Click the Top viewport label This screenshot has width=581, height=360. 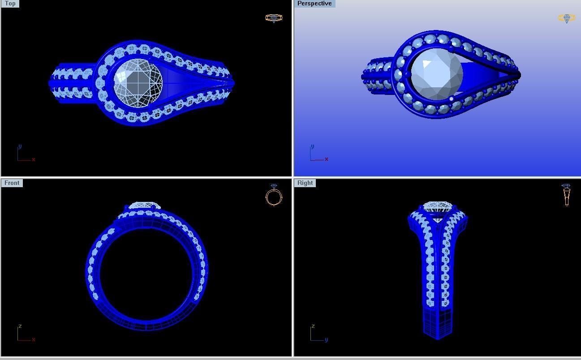10,4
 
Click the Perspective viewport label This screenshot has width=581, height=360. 314,4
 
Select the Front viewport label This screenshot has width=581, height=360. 12,183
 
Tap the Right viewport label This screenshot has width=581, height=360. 305,183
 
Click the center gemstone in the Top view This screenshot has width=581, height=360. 138,83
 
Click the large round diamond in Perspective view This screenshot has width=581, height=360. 436,74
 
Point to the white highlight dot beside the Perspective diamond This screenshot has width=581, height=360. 451,99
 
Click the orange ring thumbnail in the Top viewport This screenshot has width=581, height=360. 274,18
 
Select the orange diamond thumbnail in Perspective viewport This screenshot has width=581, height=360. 566,18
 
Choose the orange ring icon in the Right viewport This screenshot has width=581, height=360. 566,195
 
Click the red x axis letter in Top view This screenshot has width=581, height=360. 34,159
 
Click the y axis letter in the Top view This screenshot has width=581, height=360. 20,146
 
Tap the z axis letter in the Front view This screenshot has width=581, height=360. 20,326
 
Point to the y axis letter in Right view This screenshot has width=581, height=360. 326,340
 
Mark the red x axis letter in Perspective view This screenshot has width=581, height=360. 327,159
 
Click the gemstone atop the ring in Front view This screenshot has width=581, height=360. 145,206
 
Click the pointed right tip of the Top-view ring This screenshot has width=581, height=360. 232,83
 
